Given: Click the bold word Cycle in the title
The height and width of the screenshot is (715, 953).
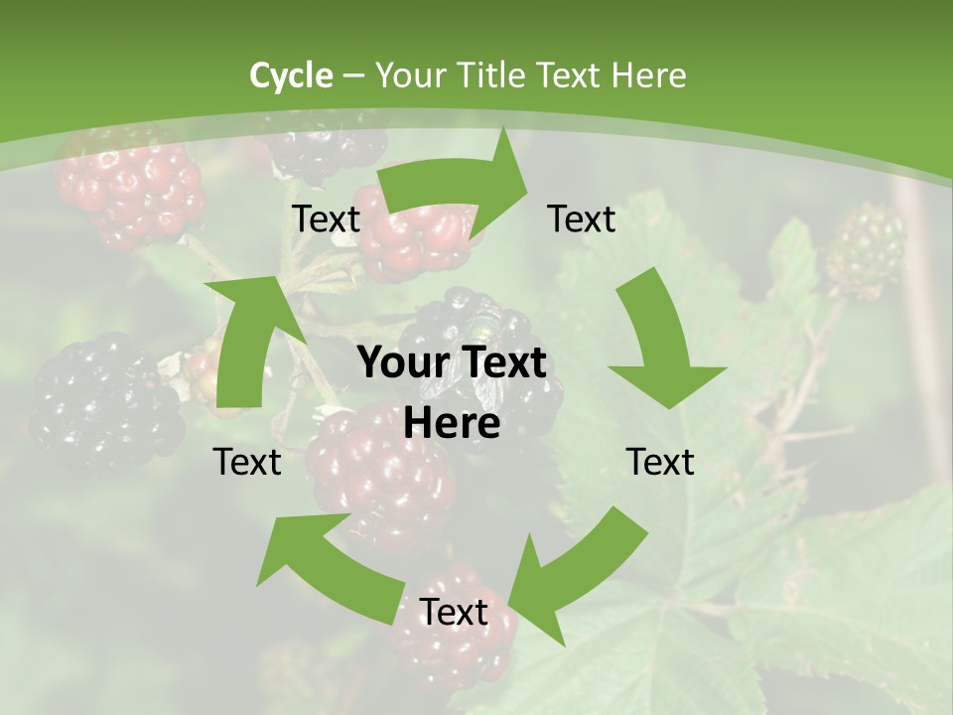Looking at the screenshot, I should click(x=291, y=75).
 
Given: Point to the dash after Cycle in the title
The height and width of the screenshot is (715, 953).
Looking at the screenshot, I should click(x=353, y=76).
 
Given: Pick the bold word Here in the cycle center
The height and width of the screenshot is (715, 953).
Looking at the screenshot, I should click(x=452, y=424).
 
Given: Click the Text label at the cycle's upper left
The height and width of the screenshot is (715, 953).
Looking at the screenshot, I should click(x=326, y=219).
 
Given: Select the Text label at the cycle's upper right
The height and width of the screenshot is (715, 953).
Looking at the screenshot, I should click(x=582, y=219).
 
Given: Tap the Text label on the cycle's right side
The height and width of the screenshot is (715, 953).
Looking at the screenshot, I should click(x=660, y=462).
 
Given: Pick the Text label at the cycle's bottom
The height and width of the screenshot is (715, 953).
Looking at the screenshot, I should click(x=454, y=613).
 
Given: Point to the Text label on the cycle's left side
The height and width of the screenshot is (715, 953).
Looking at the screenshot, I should click(x=247, y=462).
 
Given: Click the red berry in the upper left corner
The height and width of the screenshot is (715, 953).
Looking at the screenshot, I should click(x=129, y=189).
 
